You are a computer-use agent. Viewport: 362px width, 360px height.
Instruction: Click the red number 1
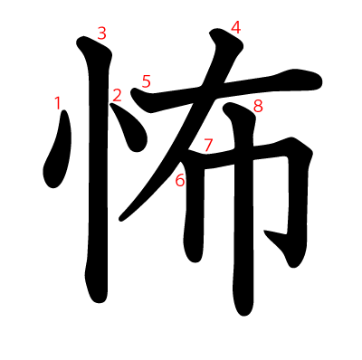58,103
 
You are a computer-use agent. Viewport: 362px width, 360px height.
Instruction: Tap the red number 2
117,95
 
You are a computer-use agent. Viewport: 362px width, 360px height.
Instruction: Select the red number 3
101,33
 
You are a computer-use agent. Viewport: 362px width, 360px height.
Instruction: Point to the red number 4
235,27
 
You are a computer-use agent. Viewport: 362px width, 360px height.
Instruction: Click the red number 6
180,180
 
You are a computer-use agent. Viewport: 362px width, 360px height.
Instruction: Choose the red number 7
208,145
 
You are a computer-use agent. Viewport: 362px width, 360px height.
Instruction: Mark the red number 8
258,106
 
